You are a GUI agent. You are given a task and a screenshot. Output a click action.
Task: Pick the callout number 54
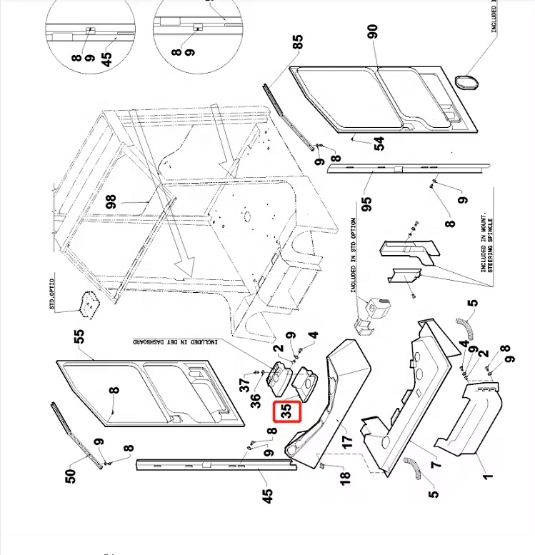tap(379, 143)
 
